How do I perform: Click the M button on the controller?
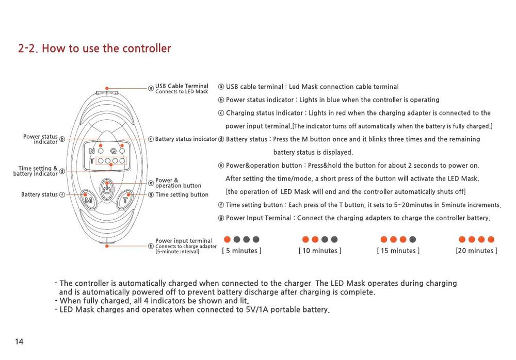click(x=89, y=200)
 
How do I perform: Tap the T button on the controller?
click(x=125, y=199)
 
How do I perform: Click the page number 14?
click(x=19, y=341)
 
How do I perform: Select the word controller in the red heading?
click(x=147, y=48)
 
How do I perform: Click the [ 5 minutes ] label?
click(x=242, y=251)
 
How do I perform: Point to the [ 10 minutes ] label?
click(x=320, y=251)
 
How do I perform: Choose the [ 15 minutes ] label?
click(x=398, y=251)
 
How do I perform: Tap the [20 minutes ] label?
click(x=476, y=251)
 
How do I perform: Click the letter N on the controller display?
click(x=92, y=151)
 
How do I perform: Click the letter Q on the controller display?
click(x=113, y=151)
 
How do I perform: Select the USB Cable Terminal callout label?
click(x=182, y=86)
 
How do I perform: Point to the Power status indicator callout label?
click(x=40, y=139)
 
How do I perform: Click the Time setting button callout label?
click(x=182, y=194)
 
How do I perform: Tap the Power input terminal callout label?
click(x=184, y=240)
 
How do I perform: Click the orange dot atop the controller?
click(x=107, y=89)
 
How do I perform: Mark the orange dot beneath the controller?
click(x=107, y=246)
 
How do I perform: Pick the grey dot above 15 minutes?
click(x=412, y=239)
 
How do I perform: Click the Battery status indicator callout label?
click(x=186, y=139)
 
